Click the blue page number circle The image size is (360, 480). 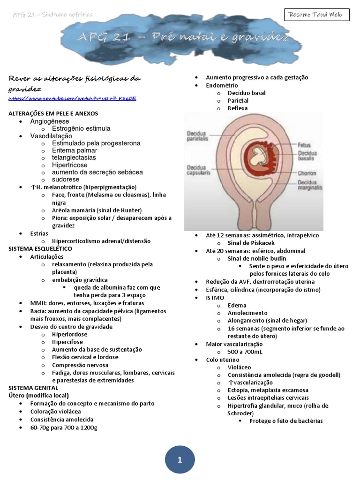[180, 460]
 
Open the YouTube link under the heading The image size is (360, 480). [72, 98]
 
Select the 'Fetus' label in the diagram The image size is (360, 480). [304, 145]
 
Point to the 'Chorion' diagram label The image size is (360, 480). [307, 173]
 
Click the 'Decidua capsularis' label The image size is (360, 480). [199, 170]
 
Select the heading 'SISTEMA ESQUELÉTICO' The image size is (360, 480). [40, 249]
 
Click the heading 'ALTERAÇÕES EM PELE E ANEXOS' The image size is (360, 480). [53, 113]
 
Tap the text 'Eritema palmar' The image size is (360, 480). [75, 150]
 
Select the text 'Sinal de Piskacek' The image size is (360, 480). [251, 243]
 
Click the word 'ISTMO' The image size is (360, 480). [215, 298]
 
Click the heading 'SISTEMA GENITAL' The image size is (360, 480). [33, 388]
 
